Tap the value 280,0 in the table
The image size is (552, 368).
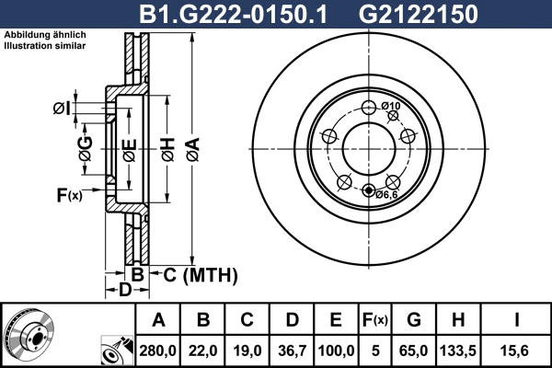pyautogui.click(x=158, y=351)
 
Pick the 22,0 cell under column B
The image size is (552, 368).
pyautogui.click(x=203, y=351)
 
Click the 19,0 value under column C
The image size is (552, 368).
pyautogui.click(x=247, y=351)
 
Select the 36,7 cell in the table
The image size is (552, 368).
pyautogui.click(x=292, y=351)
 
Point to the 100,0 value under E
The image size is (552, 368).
pyautogui.click(x=336, y=351)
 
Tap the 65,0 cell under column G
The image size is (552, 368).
pyautogui.click(x=413, y=351)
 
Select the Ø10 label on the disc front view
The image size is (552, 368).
pyautogui.click(x=391, y=107)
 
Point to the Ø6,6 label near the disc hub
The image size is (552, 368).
pyautogui.click(x=385, y=194)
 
